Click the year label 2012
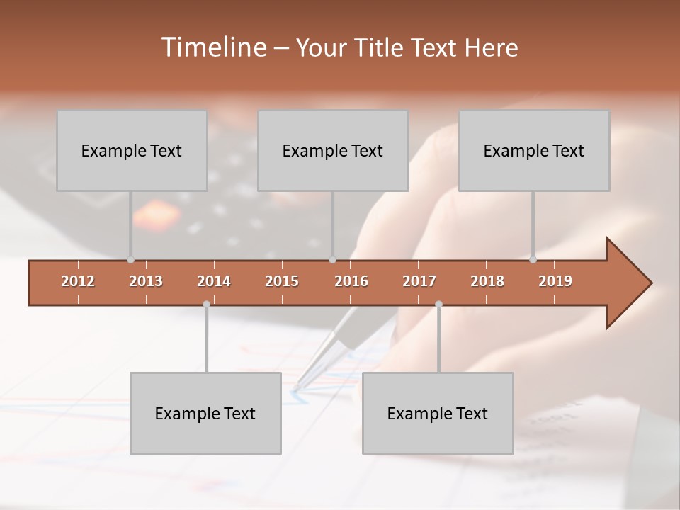coord(78,281)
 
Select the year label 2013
coord(146,281)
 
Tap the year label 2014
coord(214,281)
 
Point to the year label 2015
coord(282,281)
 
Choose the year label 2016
coord(351,281)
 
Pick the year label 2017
coord(419,281)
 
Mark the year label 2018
coord(487,281)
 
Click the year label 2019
coord(555,281)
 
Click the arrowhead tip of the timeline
coord(650,283)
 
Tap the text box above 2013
coord(132,150)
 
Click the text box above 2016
coord(333,150)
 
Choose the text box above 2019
coord(534,150)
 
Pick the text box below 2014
coord(205,413)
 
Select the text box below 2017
coord(438,413)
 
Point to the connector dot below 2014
coord(206,304)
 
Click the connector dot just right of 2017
coord(438,304)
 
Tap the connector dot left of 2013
coord(130,260)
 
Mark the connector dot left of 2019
coord(533,260)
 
